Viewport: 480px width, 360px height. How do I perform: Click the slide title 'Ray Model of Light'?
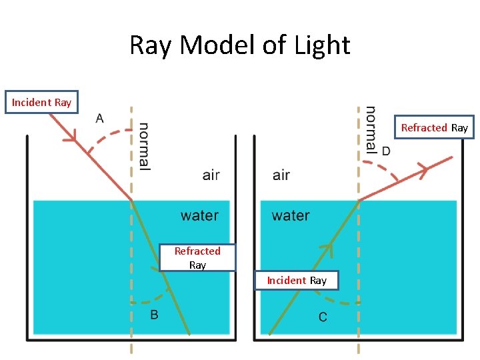click(x=239, y=45)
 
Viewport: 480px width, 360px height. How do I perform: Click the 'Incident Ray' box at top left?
click(x=41, y=102)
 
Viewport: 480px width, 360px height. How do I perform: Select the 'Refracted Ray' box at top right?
click(x=434, y=127)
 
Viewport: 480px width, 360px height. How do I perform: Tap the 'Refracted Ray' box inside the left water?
click(x=197, y=257)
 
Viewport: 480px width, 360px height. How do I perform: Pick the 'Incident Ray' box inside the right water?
click(x=297, y=280)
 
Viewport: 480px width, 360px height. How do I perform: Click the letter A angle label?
click(x=99, y=119)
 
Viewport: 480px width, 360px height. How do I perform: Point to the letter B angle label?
click(x=154, y=315)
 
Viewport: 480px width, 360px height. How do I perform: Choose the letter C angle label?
click(x=323, y=317)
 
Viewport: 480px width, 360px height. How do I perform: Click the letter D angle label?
click(x=386, y=151)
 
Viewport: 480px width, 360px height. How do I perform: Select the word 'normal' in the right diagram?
click(x=371, y=129)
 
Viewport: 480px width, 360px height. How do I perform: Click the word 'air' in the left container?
click(x=211, y=175)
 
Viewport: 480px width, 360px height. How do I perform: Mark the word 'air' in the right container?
click(x=281, y=175)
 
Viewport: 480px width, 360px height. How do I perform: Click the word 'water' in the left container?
click(x=199, y=215)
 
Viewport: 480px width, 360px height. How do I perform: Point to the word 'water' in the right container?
click(x=291, y=215)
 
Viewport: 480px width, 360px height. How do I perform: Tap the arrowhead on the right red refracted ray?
click(x=421, y=171)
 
